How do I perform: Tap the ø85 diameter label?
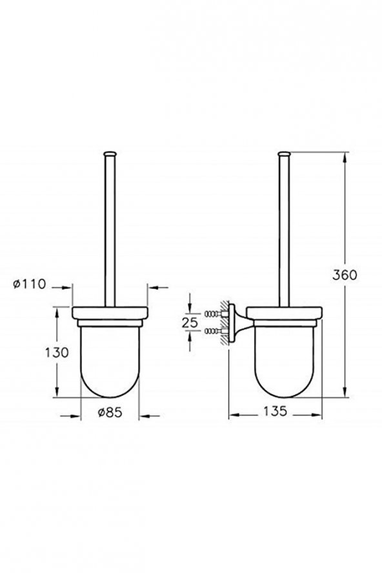110,412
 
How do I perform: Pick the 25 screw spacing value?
190,322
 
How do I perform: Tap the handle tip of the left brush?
109,154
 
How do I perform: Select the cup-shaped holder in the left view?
109,361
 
